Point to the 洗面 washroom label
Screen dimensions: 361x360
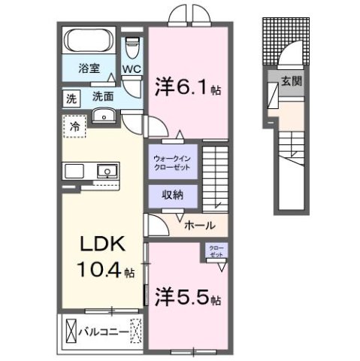(102, 96)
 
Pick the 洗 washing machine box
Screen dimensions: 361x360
(71, 97)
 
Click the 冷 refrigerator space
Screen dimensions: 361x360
(76, 126)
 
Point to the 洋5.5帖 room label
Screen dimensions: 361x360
(188, 296)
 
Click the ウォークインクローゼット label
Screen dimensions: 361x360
(172, 162)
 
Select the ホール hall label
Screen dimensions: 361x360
(200, 225)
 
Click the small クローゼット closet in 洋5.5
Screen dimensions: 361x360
(215, 251)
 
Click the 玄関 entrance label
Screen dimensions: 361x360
(292, 82)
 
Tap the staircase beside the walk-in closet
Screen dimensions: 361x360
(215, 177)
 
